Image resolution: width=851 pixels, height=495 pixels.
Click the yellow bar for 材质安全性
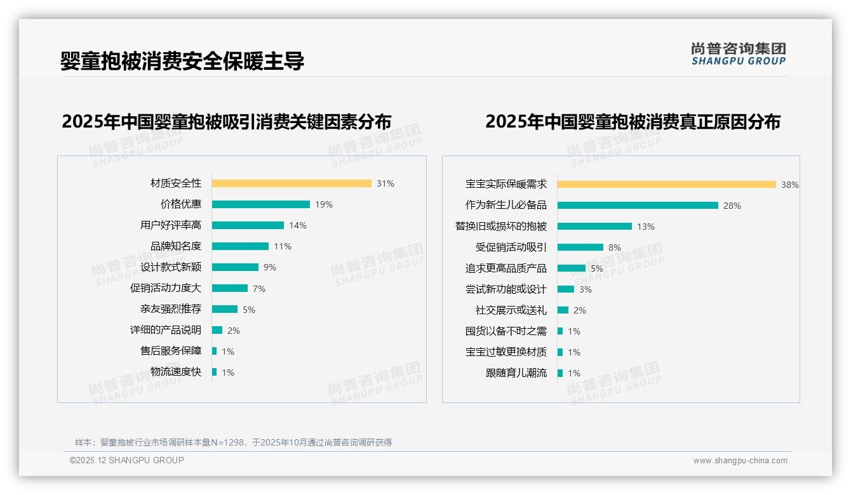pos(291,183)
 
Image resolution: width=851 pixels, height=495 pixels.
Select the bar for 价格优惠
pos(261,204)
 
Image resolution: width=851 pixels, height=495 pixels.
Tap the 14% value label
pos(298,225)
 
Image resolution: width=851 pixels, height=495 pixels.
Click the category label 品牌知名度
pos(176,246)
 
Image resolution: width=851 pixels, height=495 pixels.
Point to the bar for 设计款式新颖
pos(235,267)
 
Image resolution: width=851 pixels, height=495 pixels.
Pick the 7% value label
pos(259,289)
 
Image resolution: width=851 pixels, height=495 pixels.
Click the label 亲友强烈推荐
pos(171,309)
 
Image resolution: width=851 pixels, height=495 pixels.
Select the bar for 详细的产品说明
pos(217,330)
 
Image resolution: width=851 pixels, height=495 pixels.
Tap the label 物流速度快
pos(176,372)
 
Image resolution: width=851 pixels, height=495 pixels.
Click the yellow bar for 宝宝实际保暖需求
pos(667,185)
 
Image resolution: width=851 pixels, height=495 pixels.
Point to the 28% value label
pos(732,206)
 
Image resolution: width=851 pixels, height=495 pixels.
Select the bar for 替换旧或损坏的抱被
pos(594,227)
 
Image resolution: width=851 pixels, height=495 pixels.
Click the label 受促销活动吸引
pos(511,247)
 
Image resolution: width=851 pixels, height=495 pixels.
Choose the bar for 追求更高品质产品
pos(572,268)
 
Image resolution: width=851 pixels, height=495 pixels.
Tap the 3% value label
pos(585,289)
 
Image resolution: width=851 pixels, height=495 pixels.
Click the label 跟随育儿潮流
pos(516,373)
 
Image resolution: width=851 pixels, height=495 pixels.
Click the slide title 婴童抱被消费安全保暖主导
pos(182,61)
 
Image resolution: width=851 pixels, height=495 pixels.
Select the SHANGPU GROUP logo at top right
pos(738,54)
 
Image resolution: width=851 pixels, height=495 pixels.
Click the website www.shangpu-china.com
pos(740,461)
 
